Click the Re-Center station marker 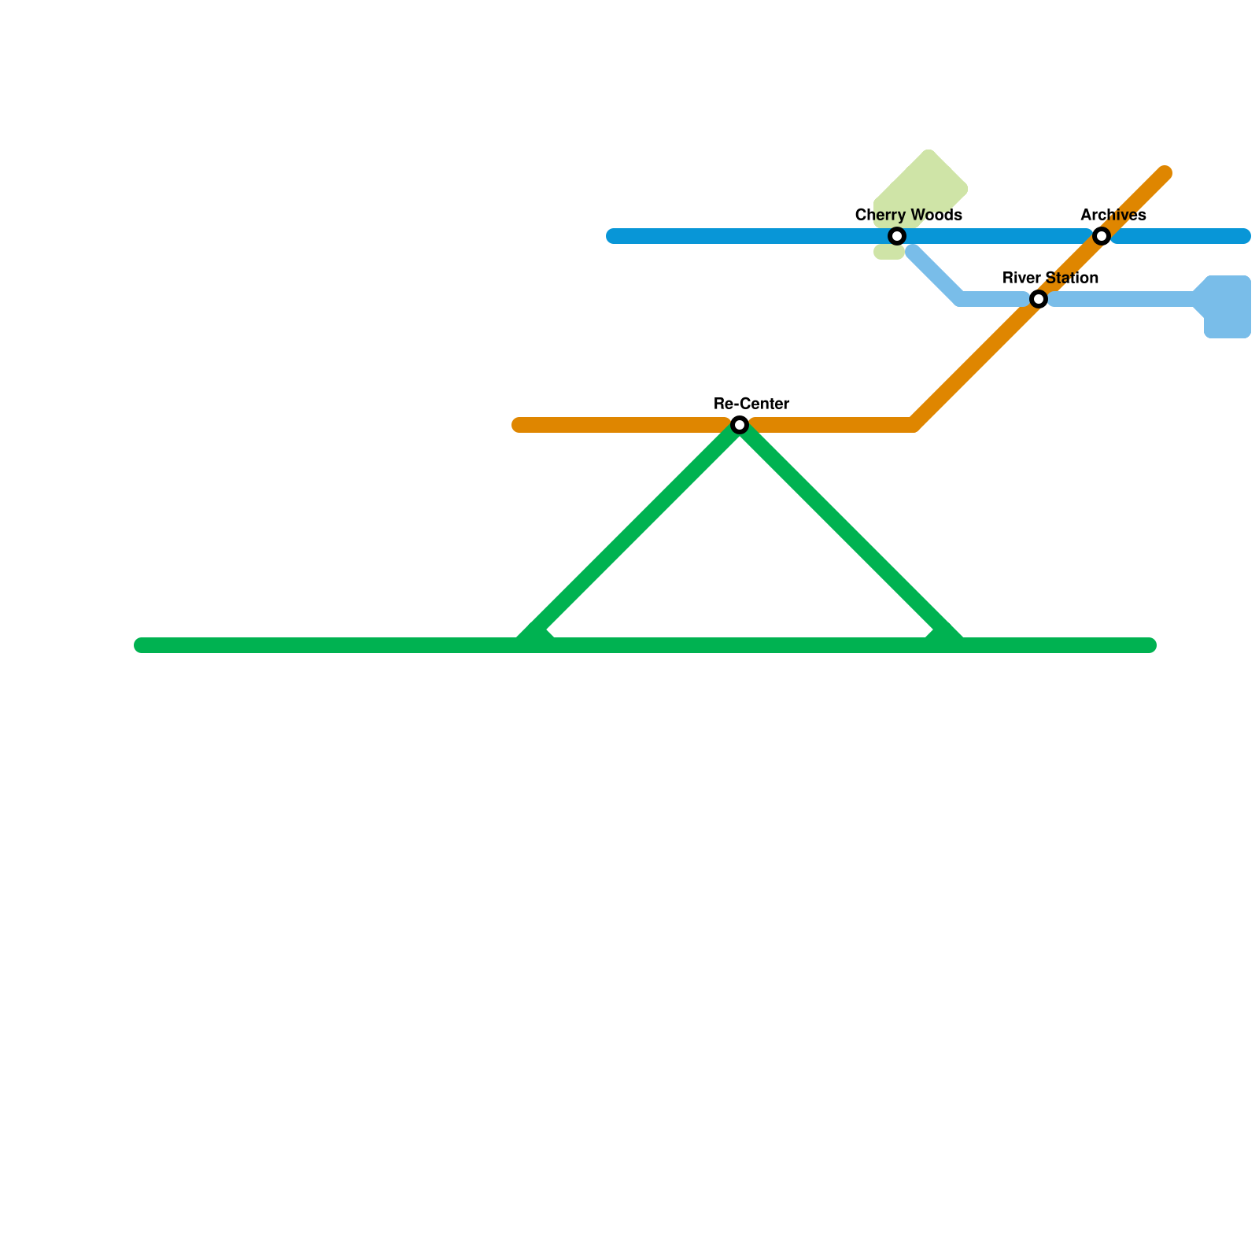(740, 425)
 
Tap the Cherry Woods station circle (897, 236)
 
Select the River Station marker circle (1039, 299)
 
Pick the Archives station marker (1102, 236)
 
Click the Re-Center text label (751, 404)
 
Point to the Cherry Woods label (908, 216)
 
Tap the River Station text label (1050, 279)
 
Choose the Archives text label (1113, 216)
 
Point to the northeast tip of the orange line (1165, 174)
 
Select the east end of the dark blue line (1243, 236)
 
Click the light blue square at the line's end (1228, 307)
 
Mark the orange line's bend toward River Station (913, 425)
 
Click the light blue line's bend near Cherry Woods (961, 299)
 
